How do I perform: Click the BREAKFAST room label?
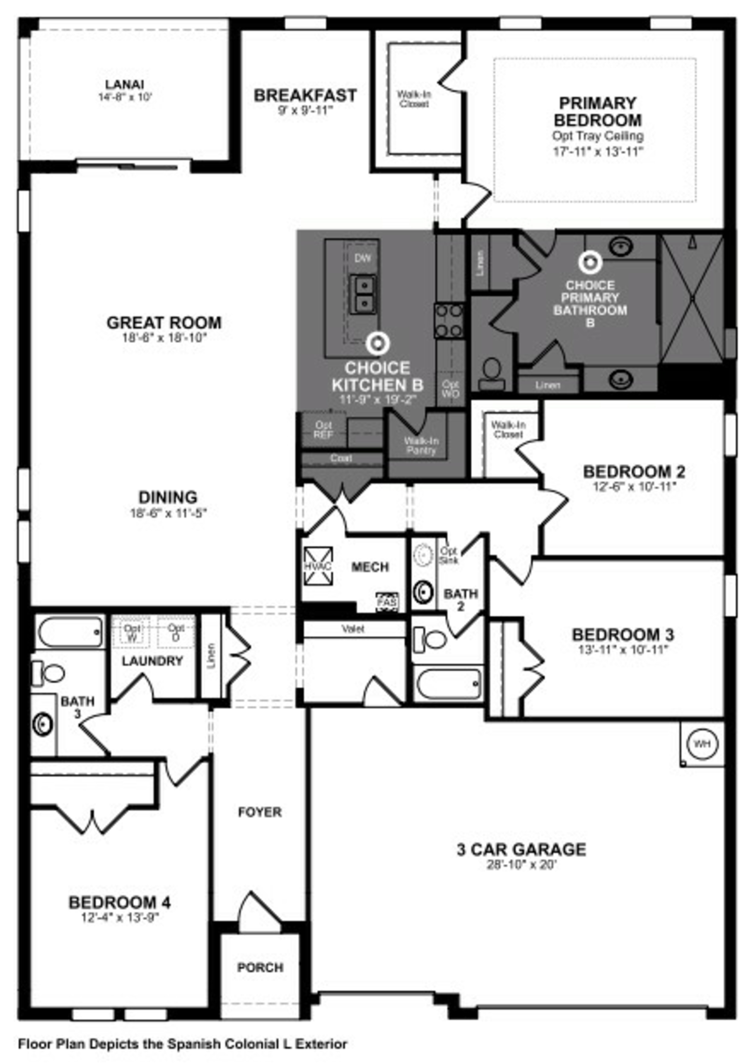305,95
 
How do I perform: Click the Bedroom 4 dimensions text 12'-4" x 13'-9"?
120,918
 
